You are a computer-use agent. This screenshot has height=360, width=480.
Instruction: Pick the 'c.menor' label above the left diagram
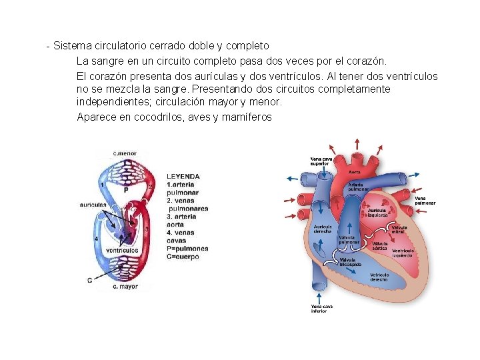point(125,154)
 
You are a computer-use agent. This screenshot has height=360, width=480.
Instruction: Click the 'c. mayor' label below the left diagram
point(125,287)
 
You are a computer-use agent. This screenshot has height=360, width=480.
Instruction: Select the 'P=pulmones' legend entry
point(187,249)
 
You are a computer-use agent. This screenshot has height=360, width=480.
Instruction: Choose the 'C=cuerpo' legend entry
point(183,257)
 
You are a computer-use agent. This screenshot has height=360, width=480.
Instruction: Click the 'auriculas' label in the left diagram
point(93,204)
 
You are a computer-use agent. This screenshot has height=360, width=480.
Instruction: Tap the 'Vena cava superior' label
point(321,161)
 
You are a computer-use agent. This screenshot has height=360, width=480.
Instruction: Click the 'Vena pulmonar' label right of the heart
point(425,200)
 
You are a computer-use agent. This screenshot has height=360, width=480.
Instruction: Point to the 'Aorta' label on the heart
point(355,172)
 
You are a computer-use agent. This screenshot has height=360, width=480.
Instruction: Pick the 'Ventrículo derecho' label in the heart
point(379,277)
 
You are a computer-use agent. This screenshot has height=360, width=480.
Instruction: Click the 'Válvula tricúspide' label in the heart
point(351,262)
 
